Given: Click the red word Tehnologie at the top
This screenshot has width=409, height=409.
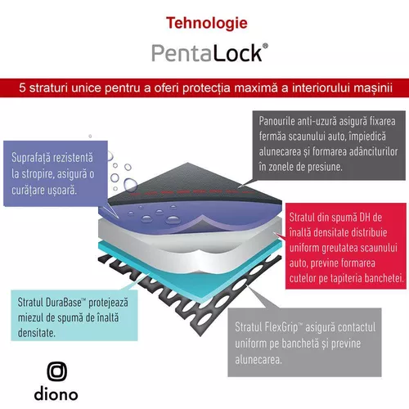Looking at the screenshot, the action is tap(207, 24).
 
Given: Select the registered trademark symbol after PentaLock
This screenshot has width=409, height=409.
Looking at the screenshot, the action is tap(265, 46).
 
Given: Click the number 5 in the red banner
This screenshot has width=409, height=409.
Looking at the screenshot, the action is tap(22, 88).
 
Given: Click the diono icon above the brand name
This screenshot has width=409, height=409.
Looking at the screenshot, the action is tap(56, 371).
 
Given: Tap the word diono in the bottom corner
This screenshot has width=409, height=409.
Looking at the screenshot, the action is tap(56, 393).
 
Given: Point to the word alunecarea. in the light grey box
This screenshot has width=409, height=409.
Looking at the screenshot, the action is tap(258, 359).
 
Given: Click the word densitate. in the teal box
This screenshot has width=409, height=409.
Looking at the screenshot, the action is tap(37, 333).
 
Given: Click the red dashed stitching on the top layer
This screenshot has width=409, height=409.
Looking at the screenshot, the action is tap(191, 192).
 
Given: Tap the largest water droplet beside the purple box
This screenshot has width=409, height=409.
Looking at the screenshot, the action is tap(130, 185).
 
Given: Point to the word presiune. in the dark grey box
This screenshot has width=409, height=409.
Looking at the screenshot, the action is tap(325, 167).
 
